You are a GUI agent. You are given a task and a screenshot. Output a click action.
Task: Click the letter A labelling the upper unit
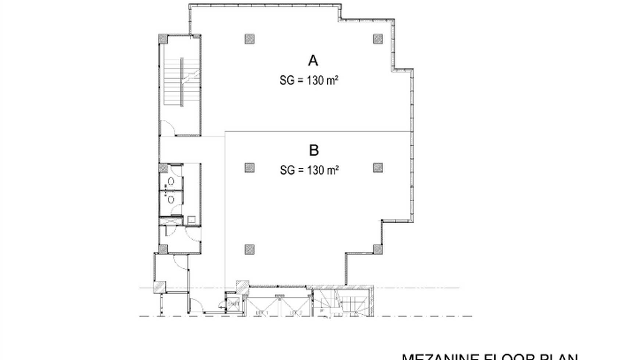coord(313,61)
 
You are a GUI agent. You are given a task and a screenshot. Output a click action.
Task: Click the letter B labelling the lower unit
coord(314,150)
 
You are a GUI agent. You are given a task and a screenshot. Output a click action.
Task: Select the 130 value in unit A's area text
coord(315,80)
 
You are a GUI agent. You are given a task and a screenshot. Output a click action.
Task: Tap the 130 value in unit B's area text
coord(315,170)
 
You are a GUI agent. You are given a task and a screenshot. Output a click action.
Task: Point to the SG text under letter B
coord(287,170)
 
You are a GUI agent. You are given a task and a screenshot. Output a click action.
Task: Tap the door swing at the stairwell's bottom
coord(168,127)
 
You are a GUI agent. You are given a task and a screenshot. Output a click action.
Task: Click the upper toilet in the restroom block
coord(171,181)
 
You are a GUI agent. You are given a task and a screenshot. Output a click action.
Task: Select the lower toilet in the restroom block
coord(171,200)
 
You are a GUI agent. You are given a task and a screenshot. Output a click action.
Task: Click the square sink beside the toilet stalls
coord(192,220)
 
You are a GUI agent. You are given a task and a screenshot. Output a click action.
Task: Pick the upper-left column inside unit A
coord(249,39)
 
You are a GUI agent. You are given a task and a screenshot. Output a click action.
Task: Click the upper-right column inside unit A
coord(378,39)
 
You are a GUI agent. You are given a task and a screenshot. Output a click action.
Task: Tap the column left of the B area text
coord(249,168)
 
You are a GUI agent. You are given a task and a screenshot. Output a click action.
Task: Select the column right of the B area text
coord(378,168)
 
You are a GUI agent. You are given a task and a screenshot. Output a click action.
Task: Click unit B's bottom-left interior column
coord(249,249)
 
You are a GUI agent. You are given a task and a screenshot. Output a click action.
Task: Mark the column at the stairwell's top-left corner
coord(163,39)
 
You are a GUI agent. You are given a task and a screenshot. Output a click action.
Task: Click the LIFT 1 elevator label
coord(262,313)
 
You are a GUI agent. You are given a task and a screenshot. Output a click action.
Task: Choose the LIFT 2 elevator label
coord(296,313)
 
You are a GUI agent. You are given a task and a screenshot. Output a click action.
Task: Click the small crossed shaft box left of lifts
coord(233,304)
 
